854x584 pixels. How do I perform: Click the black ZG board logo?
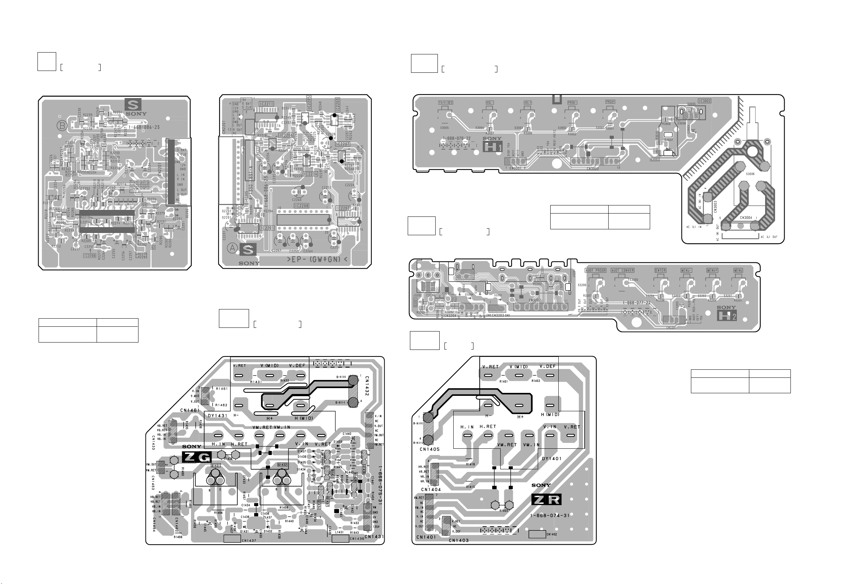[x=197, y=457]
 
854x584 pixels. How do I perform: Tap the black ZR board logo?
[x=546, y=499]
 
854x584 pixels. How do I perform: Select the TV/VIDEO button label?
[x=446, y=103]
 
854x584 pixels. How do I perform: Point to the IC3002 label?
[x=705, y=101]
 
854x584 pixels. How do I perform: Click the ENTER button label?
[x=660, y=270]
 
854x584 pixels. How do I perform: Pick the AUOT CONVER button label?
[x=623, y=270]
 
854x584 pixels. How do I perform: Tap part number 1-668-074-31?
[x=550, y=515]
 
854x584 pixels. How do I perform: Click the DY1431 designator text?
[x=217, y=416]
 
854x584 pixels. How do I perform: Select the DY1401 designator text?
[x=552, y=459]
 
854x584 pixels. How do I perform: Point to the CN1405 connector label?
[x=430, y=449]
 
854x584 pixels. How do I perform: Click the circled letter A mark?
[x=232, y=248]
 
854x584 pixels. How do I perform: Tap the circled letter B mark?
[x=61, y=126]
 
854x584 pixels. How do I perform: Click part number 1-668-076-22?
[x=457, y=139]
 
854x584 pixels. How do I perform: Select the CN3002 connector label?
[x=593, y=169]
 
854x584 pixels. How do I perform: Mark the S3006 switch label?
[x=750, y=174]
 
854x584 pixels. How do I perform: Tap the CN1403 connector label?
[x=459, y=540]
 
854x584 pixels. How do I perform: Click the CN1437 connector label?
[x=249, y=540]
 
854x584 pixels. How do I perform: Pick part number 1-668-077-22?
[x=637, y=303]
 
